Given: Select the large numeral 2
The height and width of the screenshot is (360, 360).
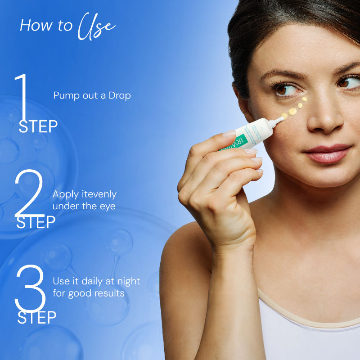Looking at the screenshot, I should (x=29, y=193).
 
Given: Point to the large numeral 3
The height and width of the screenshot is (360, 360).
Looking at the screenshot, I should (x=30, y=288).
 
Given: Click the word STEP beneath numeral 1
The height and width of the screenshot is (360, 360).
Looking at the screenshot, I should (x=38, y=127).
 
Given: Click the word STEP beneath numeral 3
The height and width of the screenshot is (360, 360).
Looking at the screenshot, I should (x=36, y=317).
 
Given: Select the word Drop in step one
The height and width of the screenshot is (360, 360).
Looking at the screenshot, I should (x=120, y=95).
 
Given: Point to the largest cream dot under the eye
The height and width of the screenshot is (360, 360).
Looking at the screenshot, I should (x=292, y=111).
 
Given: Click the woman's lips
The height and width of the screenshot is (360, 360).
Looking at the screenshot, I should (x=327, y=153).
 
